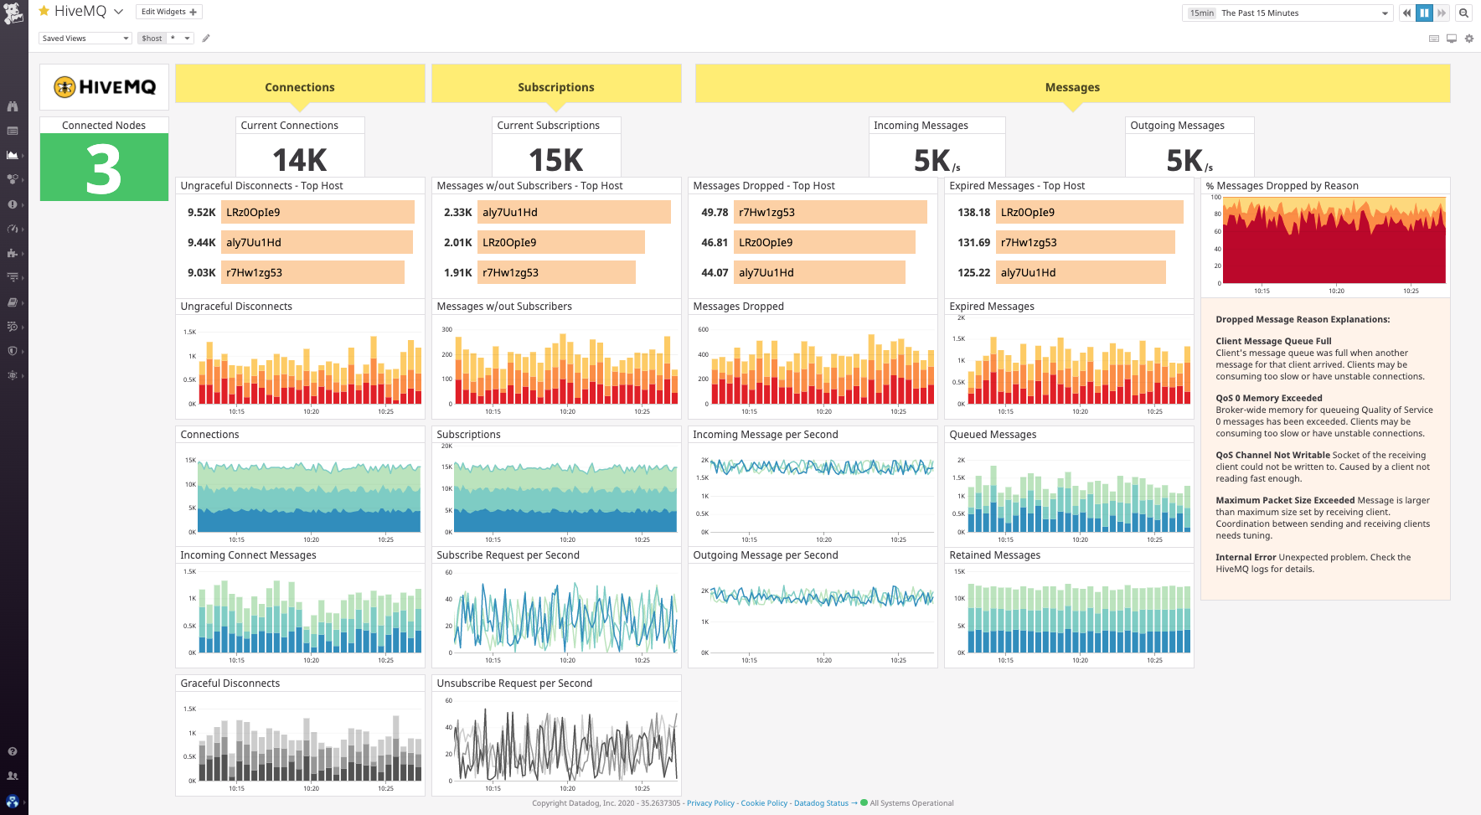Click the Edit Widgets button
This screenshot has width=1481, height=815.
point(168,12)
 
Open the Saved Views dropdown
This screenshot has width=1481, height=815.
point(85,38)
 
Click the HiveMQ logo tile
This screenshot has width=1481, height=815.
point(105,87)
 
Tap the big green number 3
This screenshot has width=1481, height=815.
point(104,169)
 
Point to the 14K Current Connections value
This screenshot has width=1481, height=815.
point(300,159)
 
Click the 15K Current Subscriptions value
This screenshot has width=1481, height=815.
point(556,159)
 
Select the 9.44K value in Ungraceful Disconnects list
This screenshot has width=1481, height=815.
point(201,242)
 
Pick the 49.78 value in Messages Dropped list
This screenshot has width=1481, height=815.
point(714,212)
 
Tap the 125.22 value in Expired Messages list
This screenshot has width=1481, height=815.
point(973,272)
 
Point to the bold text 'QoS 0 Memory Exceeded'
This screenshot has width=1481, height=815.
point(1268,398)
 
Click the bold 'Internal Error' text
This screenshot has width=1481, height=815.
point(1246,557)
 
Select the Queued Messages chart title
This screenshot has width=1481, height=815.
point(993,434)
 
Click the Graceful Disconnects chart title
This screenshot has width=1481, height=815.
point(230,683)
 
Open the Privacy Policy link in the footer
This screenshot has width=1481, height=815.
point(710,802)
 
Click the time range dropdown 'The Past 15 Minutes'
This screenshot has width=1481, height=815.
point(1287,13)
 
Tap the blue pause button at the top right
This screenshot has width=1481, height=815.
point(1424,13)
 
